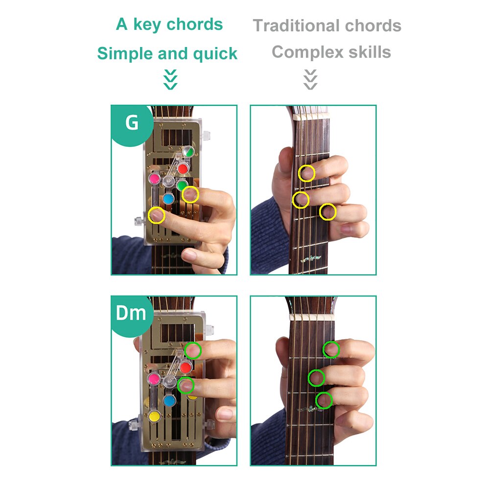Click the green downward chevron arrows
(170, 79)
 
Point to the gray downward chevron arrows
(310, 79)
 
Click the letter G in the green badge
(132, 123)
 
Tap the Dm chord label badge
(131, 313)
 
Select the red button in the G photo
(183, 169)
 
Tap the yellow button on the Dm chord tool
(154, 417)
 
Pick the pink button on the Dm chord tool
(153, 378)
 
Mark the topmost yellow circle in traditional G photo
(306, 173)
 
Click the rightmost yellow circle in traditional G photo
(328, 212)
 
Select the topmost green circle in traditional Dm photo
(332, 350)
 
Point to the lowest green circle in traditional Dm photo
(324, 400)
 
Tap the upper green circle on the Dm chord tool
(193, 350)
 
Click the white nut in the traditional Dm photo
(309, 317)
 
